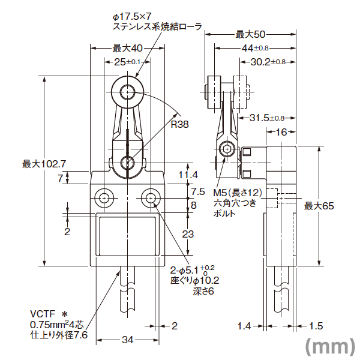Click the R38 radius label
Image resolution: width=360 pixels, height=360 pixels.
(x=180, y=124)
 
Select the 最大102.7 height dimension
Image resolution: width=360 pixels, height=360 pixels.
(x=44, y=164)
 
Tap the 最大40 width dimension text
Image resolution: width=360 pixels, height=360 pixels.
(x=128, y=48)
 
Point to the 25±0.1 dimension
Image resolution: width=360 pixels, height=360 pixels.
(x=127, y=62)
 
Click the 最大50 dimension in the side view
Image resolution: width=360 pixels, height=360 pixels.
(x=250, y=34)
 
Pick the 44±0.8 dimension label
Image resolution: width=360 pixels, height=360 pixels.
(x=255, y=48)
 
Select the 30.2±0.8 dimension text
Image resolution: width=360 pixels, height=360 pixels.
(x=268, y=62)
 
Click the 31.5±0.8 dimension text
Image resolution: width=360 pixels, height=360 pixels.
(x=267, y=118)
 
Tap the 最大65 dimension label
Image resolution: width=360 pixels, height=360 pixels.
(x=319, y=206)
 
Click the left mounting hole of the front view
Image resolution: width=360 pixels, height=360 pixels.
(x=104, y=198)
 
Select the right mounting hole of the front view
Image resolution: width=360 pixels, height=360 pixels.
(x=151, y=198)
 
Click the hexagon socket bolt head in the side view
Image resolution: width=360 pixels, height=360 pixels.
(x=227, y=149)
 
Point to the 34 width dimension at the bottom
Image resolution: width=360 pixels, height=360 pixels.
(x=128, y=340)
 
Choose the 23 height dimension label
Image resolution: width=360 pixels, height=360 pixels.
(x=188, y=234)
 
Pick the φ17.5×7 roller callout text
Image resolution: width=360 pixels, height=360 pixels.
(x=157, y=22)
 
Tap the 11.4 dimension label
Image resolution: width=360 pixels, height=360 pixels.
(x=188, y=175)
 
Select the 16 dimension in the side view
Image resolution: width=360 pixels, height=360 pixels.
(x=281, y=132)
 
